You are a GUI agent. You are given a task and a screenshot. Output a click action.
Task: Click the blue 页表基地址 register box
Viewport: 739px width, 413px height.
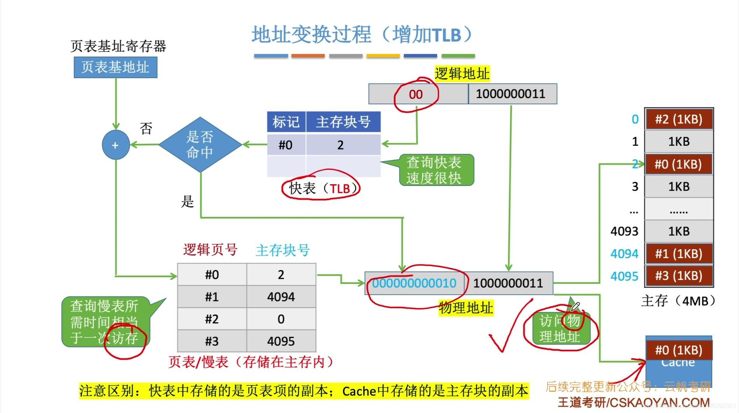click(x=115, y=67)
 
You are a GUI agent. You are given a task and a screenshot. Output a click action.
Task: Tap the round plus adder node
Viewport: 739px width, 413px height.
click(x=115, y=145)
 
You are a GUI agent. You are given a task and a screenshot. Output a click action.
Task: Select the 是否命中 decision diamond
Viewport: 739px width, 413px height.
click(x=200, y=145)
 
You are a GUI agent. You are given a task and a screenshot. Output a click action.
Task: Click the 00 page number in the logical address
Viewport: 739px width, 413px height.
click(x=415, y=94)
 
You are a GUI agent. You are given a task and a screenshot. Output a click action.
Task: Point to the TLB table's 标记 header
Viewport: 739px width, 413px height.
click(x=286, y=122)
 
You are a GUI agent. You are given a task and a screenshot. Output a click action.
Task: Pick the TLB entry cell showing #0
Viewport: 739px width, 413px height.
click(x=286, y=145)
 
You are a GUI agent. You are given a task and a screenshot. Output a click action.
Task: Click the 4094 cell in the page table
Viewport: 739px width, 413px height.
click(x=281, y=297)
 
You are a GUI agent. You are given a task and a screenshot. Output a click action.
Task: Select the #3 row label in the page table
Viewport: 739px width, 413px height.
click(x=212, y=341)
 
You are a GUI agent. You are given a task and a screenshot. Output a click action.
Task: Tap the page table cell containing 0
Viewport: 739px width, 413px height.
click(x=281, y=319)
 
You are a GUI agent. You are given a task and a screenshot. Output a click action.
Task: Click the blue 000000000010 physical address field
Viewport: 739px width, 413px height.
click(x=414, y=283)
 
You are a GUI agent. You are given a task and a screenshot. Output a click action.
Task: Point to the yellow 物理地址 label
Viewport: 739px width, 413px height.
click(x=466, y=308)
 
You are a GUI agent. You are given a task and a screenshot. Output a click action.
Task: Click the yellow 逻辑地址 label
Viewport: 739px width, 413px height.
click(x=462, y=73)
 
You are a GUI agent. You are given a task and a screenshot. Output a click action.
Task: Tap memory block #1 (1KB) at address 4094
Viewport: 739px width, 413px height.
click(x=678, y=254)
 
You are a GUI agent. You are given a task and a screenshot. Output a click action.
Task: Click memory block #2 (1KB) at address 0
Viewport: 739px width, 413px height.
click(x=678, y=119)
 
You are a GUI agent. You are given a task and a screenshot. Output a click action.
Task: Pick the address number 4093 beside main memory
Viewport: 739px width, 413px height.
click(x=624, y=231)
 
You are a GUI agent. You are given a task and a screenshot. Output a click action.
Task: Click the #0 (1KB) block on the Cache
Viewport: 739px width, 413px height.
click(x=678, y=350)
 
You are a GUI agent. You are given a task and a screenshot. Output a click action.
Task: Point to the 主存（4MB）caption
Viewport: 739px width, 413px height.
click(x=678, y=301)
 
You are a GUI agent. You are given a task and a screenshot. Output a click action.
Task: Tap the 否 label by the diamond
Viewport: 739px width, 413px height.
click(x=146, y=128)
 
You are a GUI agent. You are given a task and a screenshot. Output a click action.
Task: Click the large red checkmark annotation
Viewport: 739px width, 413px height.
click(x=505, y=331)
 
